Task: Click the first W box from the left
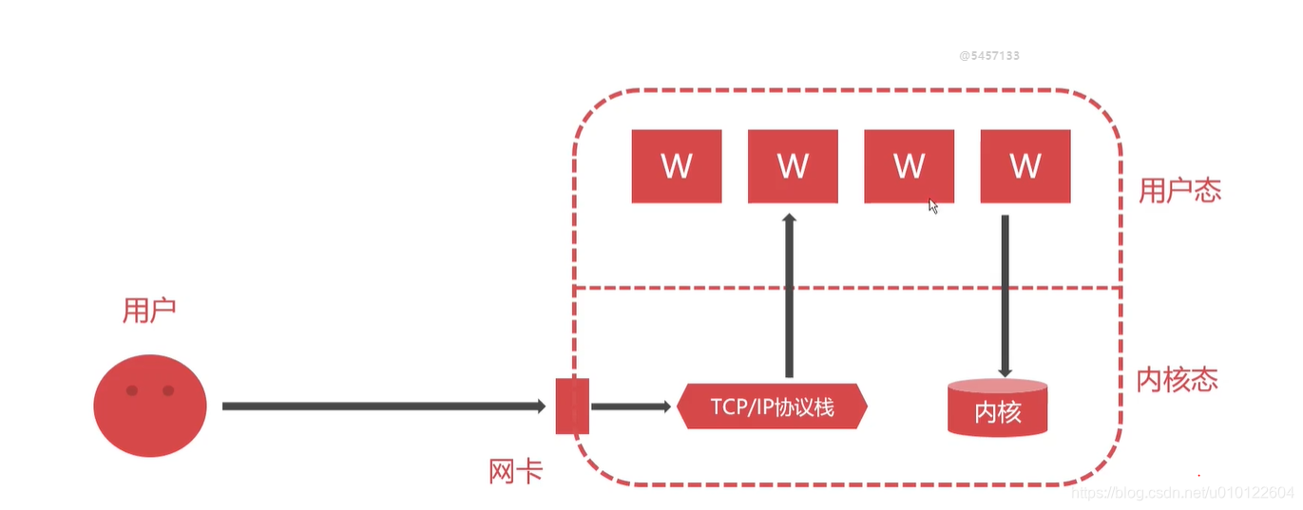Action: [x=676, y=166]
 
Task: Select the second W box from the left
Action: [x=793, y=166]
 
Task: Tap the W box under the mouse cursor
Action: [x=909, y=166]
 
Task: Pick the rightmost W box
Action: [x=1025, y=166]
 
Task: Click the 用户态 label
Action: [x=1179, y=191]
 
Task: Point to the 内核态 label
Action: [x=1178, y=380]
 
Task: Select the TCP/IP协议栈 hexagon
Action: [x=772, y=406]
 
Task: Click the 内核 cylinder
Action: [x=998, y=408]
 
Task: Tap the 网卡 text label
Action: [x=516, y=471]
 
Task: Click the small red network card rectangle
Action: [x=572, y=406]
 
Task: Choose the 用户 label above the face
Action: [x=149, y=311]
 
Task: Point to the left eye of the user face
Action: [x=132, y=390]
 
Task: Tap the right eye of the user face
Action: [x=168, y=390]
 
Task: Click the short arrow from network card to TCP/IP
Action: [x=630, y=406]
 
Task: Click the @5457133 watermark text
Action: [x=989, y=56]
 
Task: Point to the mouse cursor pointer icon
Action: [x=933, y=205]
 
